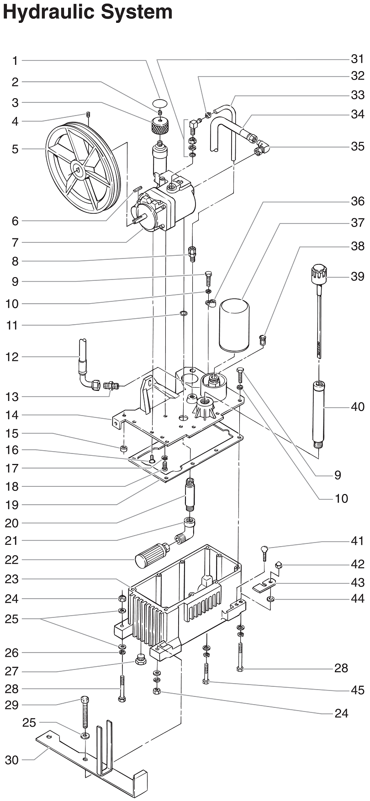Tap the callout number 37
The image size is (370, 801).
(x=357, y=223)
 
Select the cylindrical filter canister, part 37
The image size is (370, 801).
(x=234, y=325)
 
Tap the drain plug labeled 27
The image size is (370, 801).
(x=141, y=659)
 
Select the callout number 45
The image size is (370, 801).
(x=357, y=690)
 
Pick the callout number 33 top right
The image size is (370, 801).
(x=357, y=95)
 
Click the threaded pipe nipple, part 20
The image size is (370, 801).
(x=190, y=496)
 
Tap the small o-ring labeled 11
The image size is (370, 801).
(x=183, y=314)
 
